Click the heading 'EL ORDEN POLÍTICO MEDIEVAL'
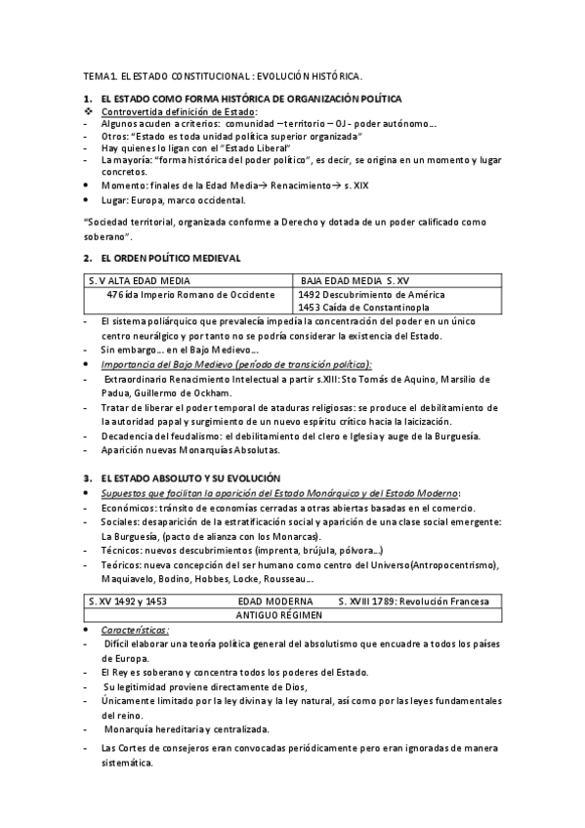170,257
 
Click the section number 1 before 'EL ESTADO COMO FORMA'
87,99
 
